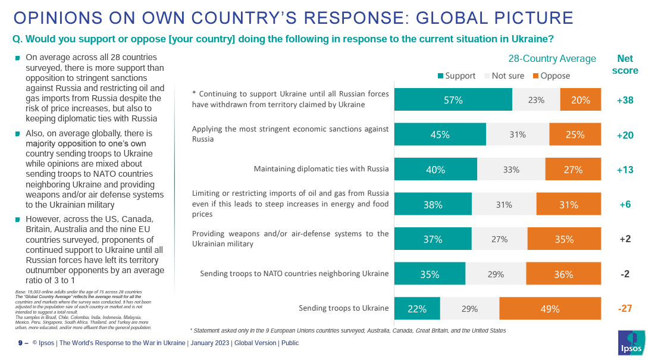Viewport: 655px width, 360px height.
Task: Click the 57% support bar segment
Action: (453, 100)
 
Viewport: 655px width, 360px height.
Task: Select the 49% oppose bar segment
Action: (550, 309)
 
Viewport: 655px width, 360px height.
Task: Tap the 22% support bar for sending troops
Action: (417, 309)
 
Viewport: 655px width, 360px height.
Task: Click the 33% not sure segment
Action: (510, 170)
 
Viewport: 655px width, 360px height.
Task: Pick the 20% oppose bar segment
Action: (580, 100)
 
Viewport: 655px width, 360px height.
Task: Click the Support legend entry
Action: (456, 76)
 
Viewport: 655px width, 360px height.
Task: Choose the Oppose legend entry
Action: (551, 76)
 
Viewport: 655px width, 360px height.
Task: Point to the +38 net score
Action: (625, 101)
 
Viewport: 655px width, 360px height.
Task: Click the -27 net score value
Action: (625, 309)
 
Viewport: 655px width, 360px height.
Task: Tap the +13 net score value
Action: (625, 170)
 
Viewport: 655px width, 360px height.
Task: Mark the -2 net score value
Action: (625, 274)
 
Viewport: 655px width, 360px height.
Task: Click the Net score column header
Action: (625, 64)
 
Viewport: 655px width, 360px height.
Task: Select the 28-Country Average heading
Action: (551, 58)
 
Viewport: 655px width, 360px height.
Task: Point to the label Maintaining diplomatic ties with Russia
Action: (321, 169)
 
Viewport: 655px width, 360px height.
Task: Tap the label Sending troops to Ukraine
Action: (343, 308)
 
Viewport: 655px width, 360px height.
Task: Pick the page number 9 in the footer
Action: (20, 343)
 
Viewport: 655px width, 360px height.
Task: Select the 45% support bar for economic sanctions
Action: (440, 135)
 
